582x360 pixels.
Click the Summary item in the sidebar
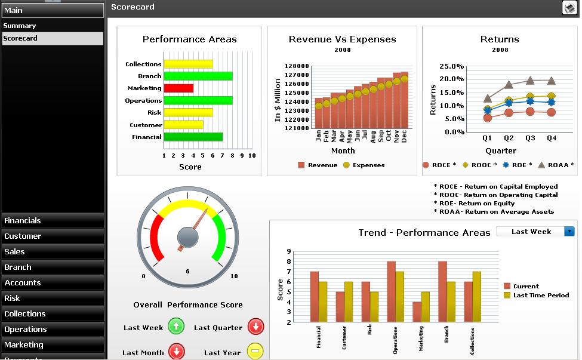click(20, 26)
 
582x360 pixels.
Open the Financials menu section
click(23, 221)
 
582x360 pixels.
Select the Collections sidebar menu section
click(25, 314)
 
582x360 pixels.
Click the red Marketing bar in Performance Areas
click(178, 88)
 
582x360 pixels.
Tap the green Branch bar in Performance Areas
click(198, 76)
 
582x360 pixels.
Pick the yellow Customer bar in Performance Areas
click(183, 125)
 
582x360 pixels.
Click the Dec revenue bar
click(404, 100)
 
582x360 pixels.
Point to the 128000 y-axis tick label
click(297, 66)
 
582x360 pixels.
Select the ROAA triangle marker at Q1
click(488, 99)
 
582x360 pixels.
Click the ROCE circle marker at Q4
click(551, 112)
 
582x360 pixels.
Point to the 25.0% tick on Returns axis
click(451, 66)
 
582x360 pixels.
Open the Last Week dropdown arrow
click(569, 232)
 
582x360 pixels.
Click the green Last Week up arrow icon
click(176, 327)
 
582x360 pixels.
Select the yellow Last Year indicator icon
click(255, 352)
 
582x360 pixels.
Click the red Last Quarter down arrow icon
click(255, 327)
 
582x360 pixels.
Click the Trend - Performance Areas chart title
click(424, 233)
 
